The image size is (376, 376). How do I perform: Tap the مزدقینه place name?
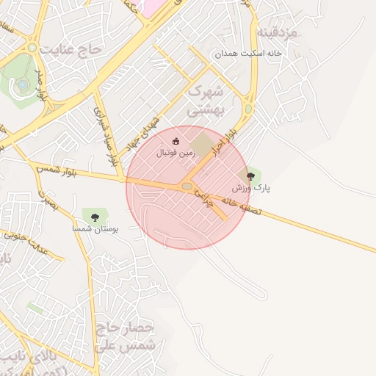[x=277, y=34]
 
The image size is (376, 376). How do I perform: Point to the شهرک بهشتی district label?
[x=205, y=101]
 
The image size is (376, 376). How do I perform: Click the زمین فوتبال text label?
[x=176, y=155]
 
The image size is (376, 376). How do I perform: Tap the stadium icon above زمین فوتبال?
[x=176, y=142]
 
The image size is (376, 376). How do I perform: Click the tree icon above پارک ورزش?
[x=251, y=176]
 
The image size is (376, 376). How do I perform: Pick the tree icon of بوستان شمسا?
[x=94, y=216]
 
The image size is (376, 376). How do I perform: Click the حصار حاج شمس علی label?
[x=126, y=334]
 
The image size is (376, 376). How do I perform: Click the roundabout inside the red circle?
[x=187, y=187]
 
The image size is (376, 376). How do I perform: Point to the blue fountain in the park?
[x=23, y=84]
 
